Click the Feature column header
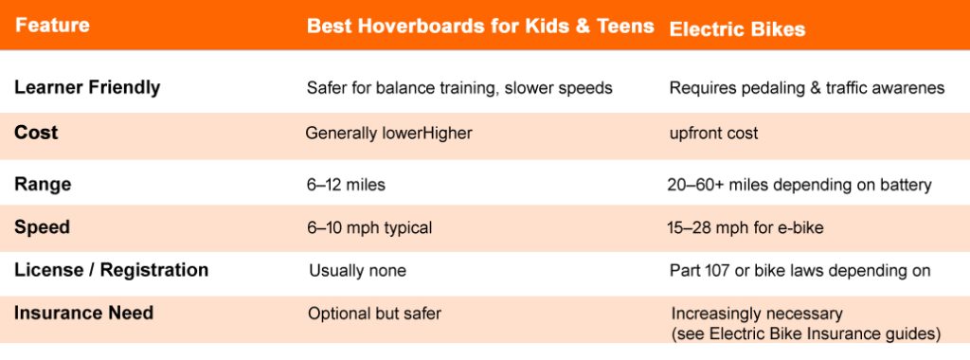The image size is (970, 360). [52, 26]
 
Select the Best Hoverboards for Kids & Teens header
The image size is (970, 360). [480, 27]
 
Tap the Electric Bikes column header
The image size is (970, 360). [737, 28]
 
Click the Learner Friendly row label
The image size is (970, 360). [87, 87]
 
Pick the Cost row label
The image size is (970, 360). [36, 133]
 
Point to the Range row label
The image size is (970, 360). [43, 185]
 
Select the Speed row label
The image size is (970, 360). [42, 227]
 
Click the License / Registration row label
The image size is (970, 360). [111, 270]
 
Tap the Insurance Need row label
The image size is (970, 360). [83, 313]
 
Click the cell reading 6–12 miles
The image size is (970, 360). [346, 185]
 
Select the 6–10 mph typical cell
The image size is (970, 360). [369, 227]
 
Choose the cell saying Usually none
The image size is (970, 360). [357, 271]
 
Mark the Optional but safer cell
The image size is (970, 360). [374, 313]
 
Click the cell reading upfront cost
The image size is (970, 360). [713, 134]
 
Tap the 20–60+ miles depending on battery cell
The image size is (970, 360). [799, 185]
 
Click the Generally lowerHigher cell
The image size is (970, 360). [388, 134]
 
